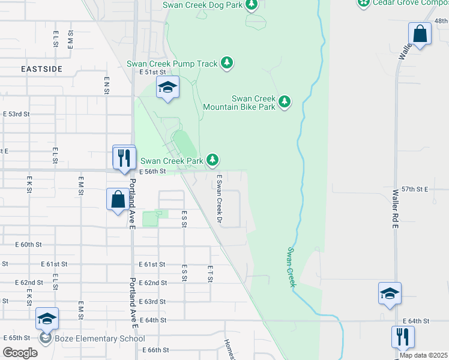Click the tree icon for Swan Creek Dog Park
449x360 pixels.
pyautogui.click(x=252, y=5)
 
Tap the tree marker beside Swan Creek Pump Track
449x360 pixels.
pyautogui.click(x=226, y=63)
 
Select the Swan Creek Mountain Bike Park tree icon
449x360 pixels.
pyautogui.click(x=285, y=102)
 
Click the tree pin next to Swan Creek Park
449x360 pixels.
pyautogui.click(x=212, y=160)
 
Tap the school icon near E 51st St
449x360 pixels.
pyautogui.click(x=168, y=88)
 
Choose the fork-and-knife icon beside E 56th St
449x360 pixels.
pyautogui.click(x=124, y=158)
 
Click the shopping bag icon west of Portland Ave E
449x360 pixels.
pyautogui.click(x=118, y=199)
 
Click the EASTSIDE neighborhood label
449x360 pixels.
pyautogui.click(x=41, y=69)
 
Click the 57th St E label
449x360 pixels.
pyautogui.click(x=414, y=188)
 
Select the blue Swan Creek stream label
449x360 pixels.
pyautogui.click(x=291, y=266)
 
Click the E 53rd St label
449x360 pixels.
pyautogui.click(x=16, y=113)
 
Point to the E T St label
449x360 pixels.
pyautogui.click(x=210, y=274)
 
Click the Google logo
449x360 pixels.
pyautogui.click(x=19, y=353)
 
